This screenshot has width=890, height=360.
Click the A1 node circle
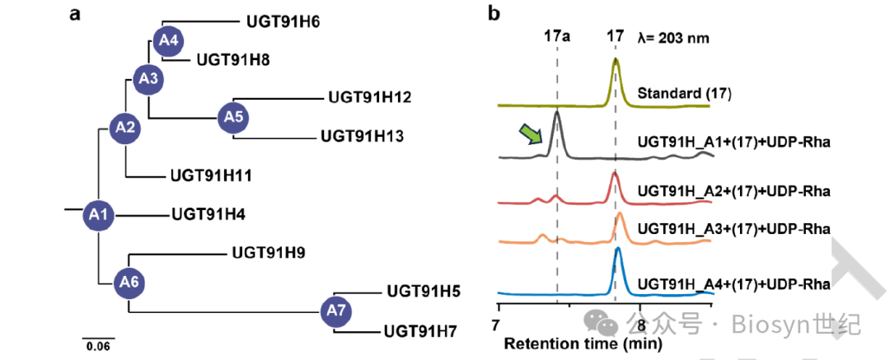click(x=99, y=215)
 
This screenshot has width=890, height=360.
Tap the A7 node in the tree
click(x=335, y=311)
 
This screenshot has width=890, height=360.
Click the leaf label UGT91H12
click(x=370, y=97)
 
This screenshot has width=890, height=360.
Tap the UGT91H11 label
click(x=211, y=175)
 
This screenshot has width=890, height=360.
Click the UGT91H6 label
click(x=283, y=22)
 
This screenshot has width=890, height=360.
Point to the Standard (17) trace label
click(x=685, y=93)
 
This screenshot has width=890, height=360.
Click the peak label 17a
click(x=557, y=37)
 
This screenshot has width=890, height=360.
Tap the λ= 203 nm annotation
click(x=673, y=37)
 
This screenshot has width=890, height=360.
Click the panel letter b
click(x=494, y=14)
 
